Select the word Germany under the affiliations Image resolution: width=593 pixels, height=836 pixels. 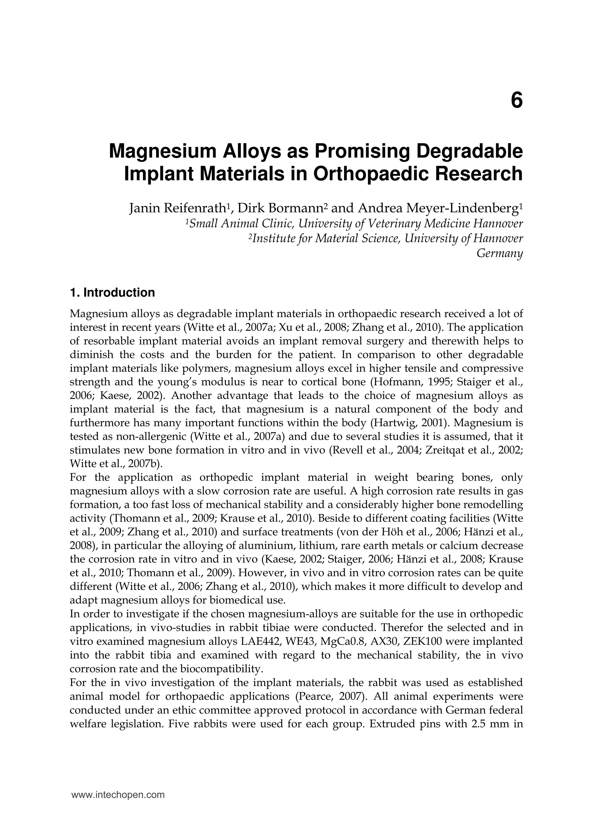[499, 253]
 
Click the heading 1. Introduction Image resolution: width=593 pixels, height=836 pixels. [112, 293]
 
